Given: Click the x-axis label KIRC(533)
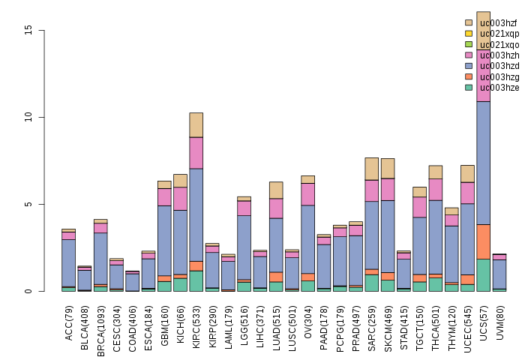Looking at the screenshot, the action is coord(196,326).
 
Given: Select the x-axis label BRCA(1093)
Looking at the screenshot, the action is coord(100,331).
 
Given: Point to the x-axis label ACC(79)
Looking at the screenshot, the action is coord(69,323).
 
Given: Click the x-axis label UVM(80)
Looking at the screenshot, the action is coord(500,322).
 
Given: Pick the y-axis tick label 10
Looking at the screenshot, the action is coord(28,117).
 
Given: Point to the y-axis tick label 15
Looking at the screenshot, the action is coord(28,30).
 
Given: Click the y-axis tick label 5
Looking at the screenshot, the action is coord(28,204).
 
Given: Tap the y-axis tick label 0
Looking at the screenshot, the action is coord(28,291).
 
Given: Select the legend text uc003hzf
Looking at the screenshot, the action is coord(498,23).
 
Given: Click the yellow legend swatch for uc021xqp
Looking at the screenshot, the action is coord(469,34).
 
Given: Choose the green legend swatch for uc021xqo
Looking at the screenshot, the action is coord(469,44).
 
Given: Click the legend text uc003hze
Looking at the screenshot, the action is coord(499,88).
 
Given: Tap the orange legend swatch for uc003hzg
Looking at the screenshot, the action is coord(469,76).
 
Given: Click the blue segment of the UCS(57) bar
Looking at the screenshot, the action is coord(484,163).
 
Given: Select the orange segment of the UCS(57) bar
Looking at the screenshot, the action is coord(484,241).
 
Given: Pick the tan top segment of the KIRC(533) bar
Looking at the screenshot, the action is coord(196,125).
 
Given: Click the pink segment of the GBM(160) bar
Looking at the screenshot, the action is coord(164,197).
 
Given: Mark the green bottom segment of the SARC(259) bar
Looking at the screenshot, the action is coord(372,283).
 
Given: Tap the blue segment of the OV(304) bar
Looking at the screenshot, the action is coord(308,239).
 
